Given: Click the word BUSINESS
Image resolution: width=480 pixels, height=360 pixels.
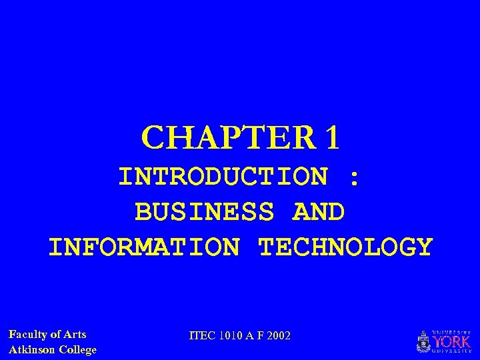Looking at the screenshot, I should point(205,212).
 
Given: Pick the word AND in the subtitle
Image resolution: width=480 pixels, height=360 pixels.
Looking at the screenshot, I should point(319,212).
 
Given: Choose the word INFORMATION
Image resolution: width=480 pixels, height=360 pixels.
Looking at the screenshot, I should point(143,247).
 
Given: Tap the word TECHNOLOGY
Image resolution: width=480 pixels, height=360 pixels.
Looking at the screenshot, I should point(345,247).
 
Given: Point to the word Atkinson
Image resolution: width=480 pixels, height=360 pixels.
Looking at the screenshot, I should point(32,349).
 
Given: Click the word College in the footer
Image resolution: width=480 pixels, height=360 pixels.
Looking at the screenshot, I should point(78,349).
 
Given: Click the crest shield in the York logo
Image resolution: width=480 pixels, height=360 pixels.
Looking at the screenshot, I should point(423,342).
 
